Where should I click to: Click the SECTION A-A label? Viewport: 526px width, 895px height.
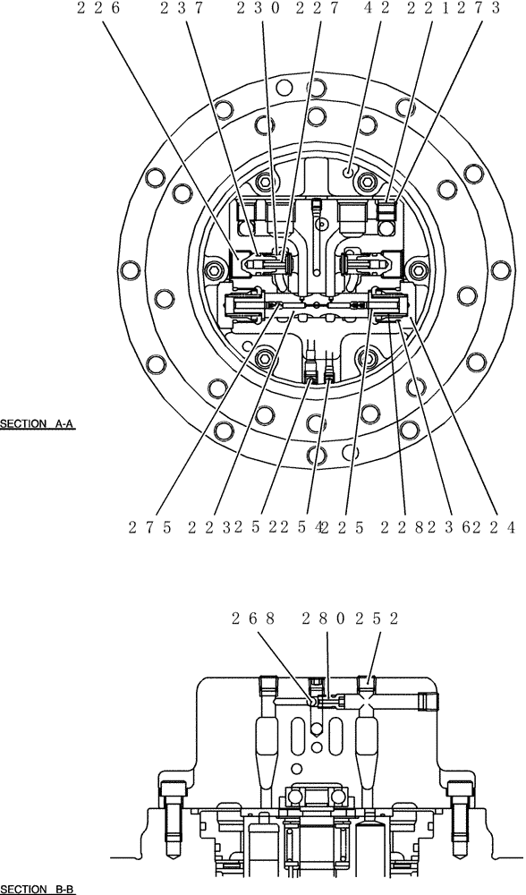pyautogui.click(x=38, y=423)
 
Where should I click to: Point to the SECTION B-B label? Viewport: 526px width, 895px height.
pyautogui.click(x=38, y=889)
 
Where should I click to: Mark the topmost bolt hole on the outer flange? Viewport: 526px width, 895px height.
pyautogui.click(x=284, y=88)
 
